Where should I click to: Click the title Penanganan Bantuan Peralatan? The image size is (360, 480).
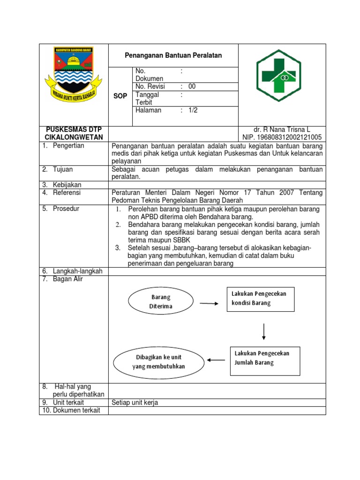coord(173,55)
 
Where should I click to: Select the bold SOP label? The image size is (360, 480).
coord(120,96)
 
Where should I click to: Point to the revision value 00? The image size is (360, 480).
coord(192,87)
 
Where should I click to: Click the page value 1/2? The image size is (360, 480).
coord(193,111)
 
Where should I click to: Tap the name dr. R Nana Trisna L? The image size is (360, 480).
coord(282,129)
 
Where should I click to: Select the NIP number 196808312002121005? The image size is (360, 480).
coord(282,137)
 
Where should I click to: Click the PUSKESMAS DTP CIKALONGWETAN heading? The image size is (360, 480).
coord(73,133)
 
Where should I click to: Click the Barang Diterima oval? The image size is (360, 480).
coord(161,301)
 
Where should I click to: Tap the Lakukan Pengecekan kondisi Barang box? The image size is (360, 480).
coord(261,299)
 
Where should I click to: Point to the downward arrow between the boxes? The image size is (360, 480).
coord(264,331)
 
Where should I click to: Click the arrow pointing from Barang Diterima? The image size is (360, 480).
coord(209,303)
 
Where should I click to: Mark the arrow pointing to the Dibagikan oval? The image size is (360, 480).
coord(216,360)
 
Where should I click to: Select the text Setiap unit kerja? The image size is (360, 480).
coord(135,403)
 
